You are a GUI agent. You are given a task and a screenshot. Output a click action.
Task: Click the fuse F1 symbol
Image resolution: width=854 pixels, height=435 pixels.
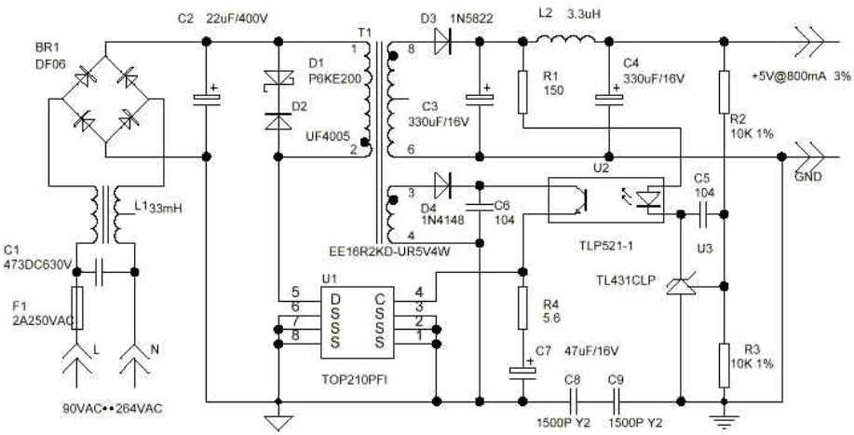click(77, 307)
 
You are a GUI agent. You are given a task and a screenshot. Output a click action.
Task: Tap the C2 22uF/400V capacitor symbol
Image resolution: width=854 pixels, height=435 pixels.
click(207, 98)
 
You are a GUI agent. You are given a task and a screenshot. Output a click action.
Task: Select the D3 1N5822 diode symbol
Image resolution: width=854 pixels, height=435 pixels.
click(442, 41)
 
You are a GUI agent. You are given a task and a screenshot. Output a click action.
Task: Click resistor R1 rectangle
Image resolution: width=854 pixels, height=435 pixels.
click(522, 91)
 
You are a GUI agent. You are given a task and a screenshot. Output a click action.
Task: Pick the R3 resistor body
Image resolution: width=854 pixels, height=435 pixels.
click(724, 365)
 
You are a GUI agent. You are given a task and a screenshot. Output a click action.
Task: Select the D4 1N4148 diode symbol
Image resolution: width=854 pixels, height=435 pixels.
click(442, 186)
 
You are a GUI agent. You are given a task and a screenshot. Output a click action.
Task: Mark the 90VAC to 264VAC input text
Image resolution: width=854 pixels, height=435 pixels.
click(113, 409)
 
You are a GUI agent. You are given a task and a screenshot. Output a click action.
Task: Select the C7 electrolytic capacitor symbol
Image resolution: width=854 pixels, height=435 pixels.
click(522, 372)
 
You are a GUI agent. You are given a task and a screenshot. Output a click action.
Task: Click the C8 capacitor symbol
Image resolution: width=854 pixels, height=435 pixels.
click(573, 402)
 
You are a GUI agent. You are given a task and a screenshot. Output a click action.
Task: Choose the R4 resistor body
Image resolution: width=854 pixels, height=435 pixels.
click(522, 307)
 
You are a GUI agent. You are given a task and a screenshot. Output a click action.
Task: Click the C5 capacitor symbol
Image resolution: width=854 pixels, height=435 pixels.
click(702, 214)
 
